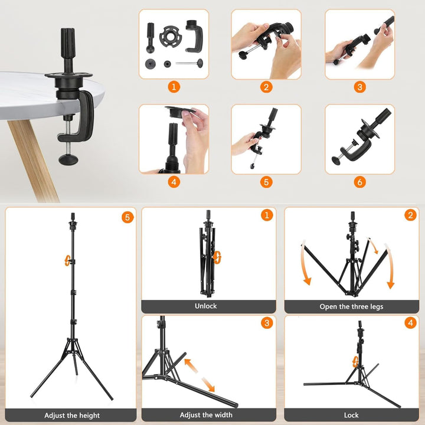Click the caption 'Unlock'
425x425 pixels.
coord(205,306)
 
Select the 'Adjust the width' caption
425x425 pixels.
coord(205,415)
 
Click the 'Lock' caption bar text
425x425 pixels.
coord(351,415)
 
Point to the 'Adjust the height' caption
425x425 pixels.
coord(72,416)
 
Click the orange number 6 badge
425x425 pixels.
coord(360,182)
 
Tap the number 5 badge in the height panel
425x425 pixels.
coord(127,217)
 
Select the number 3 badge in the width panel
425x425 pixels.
coord(267,323)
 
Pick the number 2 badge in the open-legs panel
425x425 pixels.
coord(411,215)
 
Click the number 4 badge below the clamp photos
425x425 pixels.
coord(174,182)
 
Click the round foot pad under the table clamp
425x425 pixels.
coord(70,159)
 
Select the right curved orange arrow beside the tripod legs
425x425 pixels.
coord(384,263)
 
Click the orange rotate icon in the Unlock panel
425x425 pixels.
coord(217,256)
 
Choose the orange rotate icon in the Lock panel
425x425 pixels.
coord(355,361)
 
